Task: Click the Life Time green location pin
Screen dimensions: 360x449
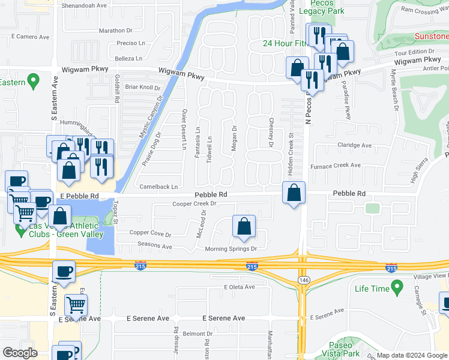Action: (x=396, y=289)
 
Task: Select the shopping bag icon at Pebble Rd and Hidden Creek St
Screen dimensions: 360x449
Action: (x=294, y=194)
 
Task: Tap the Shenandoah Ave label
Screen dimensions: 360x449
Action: (x=85, y=5)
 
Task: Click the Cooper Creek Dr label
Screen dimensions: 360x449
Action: (x=194, y=204)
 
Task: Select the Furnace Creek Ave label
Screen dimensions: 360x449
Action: (x=335, y=166)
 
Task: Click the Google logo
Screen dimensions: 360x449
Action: (x=20, y=353)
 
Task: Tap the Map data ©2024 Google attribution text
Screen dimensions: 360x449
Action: (x=412, y=355)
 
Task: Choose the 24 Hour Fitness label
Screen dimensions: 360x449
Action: (x=285, y=43)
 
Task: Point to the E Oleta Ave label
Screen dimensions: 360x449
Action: (x=239, y=287)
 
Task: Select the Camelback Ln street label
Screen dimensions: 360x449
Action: (x=158, y=187)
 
